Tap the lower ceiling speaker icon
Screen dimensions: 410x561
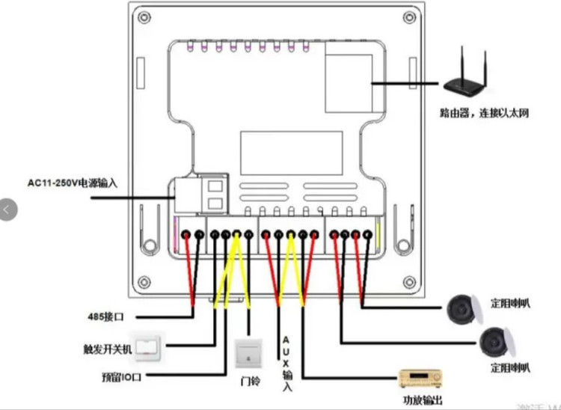(x=496, y=342)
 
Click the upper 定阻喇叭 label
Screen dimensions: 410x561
(x=511, y=305)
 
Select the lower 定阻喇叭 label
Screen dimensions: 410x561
(x=511, y=367)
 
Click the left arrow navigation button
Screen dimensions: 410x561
(x=7, y=209)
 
